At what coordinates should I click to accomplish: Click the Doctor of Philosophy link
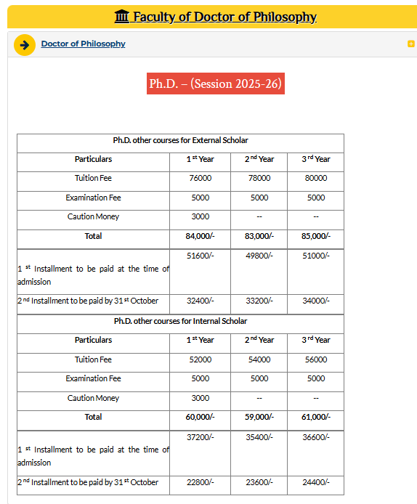coord(83,44)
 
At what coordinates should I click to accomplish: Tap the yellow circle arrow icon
coord(25,45)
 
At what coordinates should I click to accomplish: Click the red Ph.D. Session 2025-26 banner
coord(214,84)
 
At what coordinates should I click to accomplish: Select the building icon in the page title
coord(123,17)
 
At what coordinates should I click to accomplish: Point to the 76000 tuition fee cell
coord(201,178)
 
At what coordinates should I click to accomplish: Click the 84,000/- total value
coord(201,236)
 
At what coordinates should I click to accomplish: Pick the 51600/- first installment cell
coord(201,255)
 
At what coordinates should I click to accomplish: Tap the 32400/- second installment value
coord(201,301)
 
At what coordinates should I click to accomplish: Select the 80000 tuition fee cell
coord(316,178)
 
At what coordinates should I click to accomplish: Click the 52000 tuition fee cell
coord(201,359)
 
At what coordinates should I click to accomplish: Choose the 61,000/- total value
coord(316,417)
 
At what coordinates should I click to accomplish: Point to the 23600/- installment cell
coord(259,482)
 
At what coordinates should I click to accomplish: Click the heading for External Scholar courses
coord(181,140)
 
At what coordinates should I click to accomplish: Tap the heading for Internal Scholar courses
coord(181,321)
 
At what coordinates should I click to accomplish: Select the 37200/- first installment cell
coord(201,436)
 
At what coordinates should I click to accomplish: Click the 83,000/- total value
coord(259,236)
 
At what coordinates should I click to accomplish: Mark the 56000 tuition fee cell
coord(316,359)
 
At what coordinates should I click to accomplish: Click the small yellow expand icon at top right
coord(411,44)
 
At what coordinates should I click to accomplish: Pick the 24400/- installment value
coord(316,482)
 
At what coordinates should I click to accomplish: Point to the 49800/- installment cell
coord(259,255)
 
